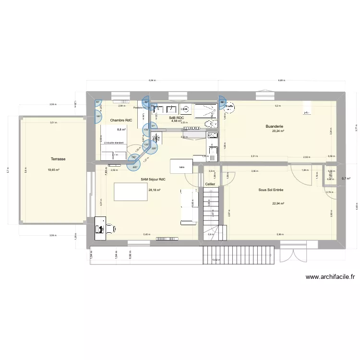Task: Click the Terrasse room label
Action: [58, 158]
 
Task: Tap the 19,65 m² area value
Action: [54, 169]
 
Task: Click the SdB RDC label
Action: [176, 118]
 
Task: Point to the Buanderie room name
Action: [274, 127]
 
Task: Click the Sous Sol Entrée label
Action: [271, 190]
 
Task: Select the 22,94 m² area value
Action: [278, 203]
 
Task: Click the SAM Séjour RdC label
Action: [153, 180]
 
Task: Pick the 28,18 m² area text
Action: [155, 190]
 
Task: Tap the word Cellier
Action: [210, 184]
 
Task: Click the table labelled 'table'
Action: [181, 167]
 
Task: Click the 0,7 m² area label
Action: [346, 179]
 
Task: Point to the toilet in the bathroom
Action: [210, 124]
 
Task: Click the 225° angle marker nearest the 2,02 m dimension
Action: [135, 167]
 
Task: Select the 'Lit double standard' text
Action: [114, 143]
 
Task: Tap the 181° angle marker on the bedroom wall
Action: [98, 117]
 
